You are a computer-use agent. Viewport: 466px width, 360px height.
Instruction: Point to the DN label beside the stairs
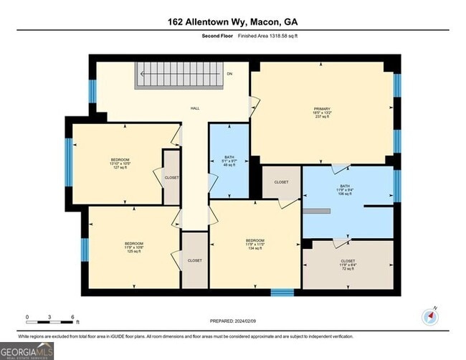click(229, 74)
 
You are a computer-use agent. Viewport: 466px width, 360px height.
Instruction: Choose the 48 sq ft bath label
click(229, 161)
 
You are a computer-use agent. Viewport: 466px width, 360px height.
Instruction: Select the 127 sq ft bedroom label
click(120, 163)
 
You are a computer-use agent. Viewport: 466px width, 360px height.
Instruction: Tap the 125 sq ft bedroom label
click(134, 247)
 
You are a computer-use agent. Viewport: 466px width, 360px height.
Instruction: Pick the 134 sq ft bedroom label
click(255, 244)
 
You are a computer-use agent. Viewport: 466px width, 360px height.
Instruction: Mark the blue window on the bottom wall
click(282, 292)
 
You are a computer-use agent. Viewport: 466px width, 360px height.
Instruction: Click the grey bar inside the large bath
click(316, 211)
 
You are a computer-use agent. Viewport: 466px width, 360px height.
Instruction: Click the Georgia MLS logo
click(27, 351)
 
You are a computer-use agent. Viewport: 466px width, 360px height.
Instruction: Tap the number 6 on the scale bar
click(73, 316)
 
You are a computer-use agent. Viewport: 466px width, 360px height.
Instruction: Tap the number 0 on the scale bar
click(27, 316)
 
